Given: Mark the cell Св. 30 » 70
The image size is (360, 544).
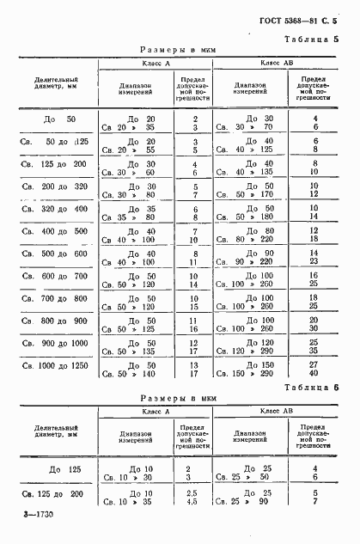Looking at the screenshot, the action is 245,126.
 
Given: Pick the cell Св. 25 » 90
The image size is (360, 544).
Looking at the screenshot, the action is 245,504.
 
